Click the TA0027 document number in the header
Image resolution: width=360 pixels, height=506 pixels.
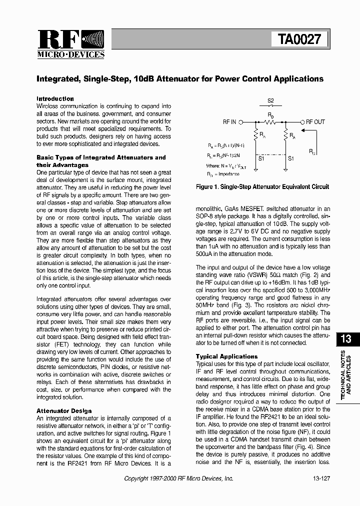[299, 39]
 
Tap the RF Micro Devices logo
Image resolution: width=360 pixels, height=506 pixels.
[71, 44]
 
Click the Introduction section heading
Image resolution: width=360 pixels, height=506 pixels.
[55, 99]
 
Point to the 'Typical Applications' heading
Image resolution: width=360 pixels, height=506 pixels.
[226, 356]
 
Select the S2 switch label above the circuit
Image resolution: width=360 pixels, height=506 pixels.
[270, 101]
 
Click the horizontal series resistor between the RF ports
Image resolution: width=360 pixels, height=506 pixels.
[271, 122]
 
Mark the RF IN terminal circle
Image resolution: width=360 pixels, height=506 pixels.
[241, 122]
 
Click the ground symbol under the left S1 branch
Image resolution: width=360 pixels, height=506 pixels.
[256, 170]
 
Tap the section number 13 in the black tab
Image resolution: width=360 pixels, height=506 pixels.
[345, 339]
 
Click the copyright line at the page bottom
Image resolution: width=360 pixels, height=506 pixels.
[178, 478]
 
